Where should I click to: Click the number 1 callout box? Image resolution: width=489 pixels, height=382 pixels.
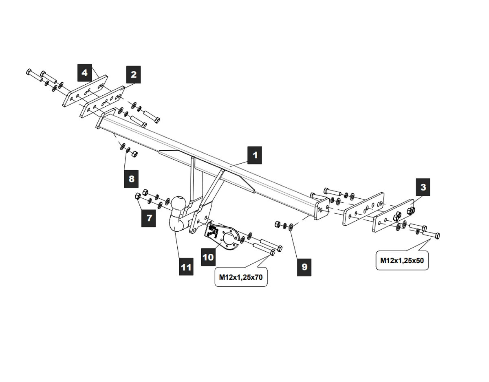(x=255, y=155)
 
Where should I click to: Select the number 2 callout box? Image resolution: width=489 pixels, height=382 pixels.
(x=133, y=75)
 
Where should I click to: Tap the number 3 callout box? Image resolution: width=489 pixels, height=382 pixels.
(x=423, y=187)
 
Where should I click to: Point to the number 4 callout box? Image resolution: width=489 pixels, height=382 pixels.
(x=84, y=73)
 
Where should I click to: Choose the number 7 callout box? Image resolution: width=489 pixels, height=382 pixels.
(x=149, y=218)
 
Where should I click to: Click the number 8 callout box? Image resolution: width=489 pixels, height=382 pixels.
(x=131, y=178)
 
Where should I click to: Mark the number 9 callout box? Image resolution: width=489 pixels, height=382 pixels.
(x=304, y=267)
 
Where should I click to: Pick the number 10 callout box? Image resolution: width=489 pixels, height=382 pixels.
(x=208, y=257)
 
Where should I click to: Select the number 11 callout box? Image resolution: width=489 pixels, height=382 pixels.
(x=186, y=267)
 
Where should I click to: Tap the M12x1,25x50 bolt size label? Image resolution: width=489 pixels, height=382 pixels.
(x=402, y=261)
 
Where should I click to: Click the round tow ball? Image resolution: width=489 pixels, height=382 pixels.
(x=179, y=203)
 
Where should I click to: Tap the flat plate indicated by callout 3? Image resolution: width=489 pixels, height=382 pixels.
(x=393, y=216)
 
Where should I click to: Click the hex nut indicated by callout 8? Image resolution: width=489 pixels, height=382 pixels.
(x=135, y=153)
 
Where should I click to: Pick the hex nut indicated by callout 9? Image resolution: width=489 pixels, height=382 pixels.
(x=278, y=224)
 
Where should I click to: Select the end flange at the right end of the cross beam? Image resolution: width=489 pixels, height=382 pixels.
(x=322, y=209)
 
